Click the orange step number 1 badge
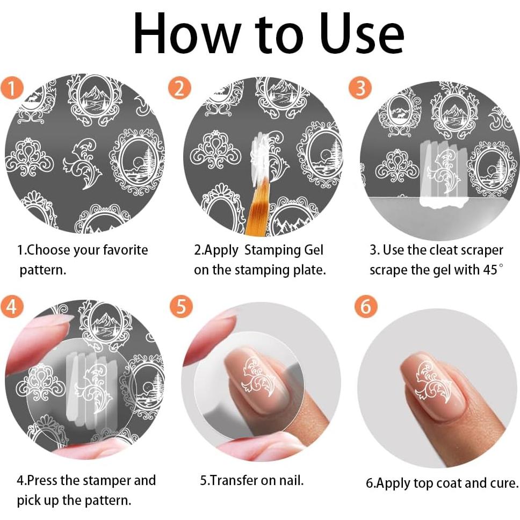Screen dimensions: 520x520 12,89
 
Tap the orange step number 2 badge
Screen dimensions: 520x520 179,89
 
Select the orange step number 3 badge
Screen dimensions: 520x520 360,88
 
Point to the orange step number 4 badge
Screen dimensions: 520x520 12,306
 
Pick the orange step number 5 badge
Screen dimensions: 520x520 181,306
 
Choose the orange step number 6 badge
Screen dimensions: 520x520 366,306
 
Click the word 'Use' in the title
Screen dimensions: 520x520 362,34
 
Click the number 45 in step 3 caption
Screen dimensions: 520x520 490,270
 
